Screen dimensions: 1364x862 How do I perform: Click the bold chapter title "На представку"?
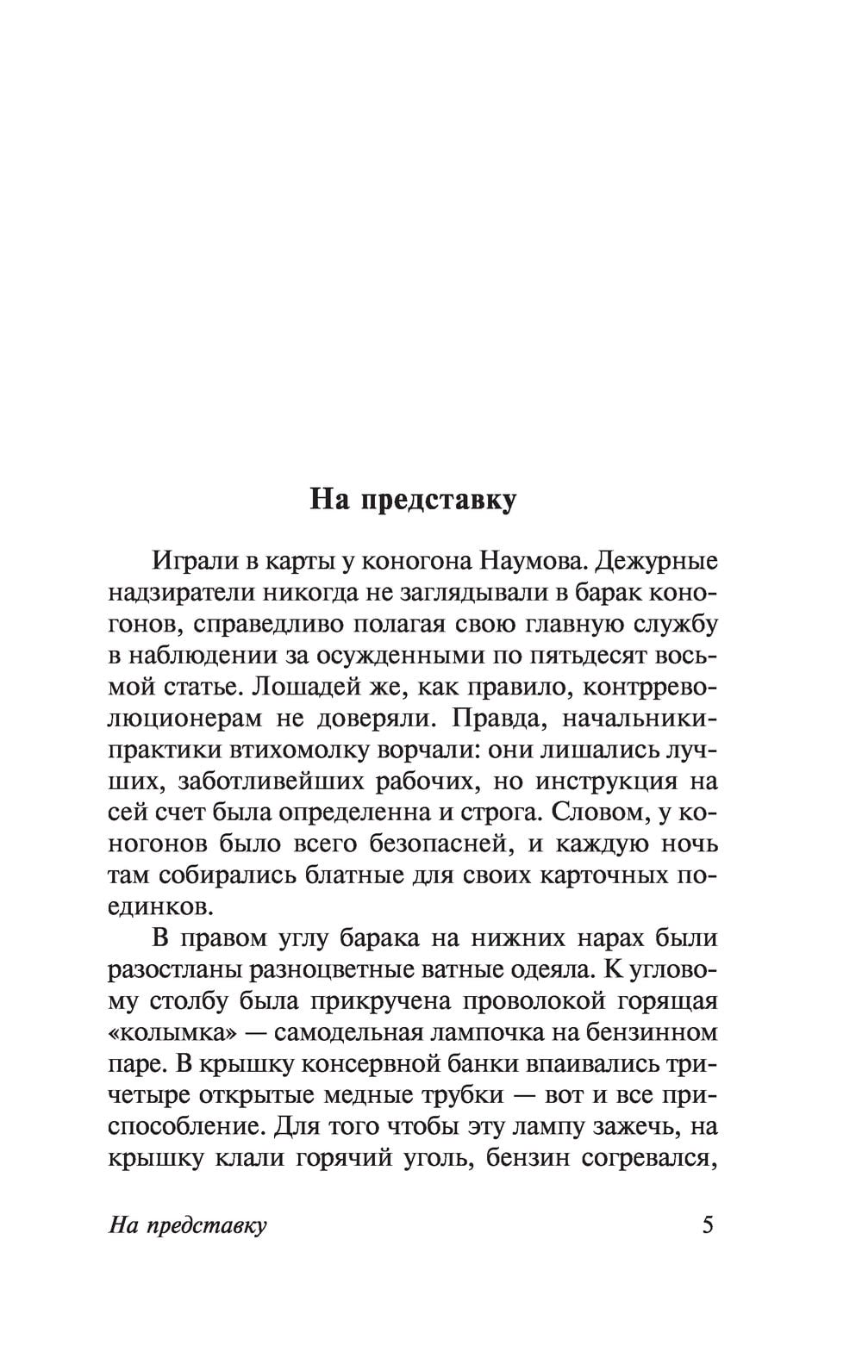click(413, 499)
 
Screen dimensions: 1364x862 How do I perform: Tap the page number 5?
click(709, 1224)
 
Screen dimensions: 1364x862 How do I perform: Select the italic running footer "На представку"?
click(188, 1225)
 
